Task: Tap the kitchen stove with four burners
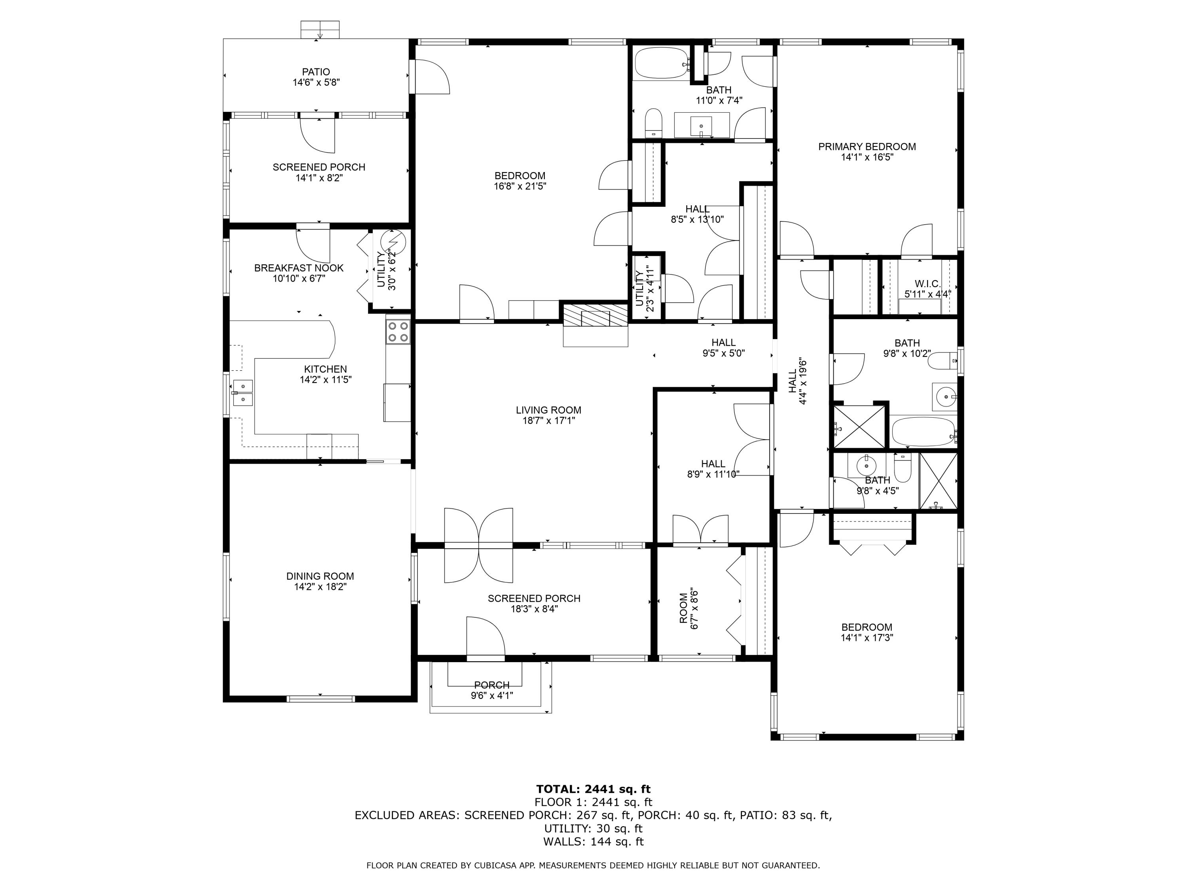tap(398, 331)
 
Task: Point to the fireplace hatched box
tap(595, 315)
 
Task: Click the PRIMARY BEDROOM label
tap(867, 146)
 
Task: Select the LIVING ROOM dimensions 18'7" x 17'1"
tap(548, 420)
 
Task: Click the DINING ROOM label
tap(320, 576)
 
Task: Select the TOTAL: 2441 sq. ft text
tap(593, 789)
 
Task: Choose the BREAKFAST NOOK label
tap(298, 268)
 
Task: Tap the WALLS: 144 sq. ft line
tap(593, 842)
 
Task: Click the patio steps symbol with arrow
tap(320, 30)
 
